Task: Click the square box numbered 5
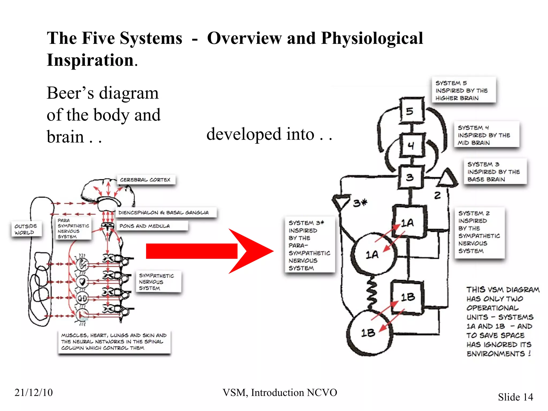[x=412, y=110]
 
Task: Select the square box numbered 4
[x=412, y=145]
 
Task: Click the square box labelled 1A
[x=409, y=222]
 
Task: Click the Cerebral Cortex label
[x=146, y=180]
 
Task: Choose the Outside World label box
[x=26, y=229]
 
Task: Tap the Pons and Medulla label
[x=152, y=226]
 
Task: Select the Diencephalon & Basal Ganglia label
[x=166, y=212]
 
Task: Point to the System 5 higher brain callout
[x=463, y=90]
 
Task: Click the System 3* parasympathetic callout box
[x=310, y=245]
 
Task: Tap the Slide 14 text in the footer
[x=515, y=397]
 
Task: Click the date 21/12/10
[x=34, y=393]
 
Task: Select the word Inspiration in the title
[x=90, y=60]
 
